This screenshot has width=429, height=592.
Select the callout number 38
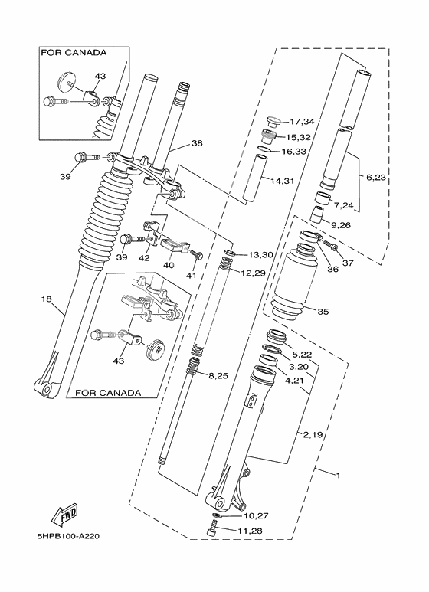tap(197, 143)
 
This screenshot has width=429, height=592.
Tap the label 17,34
tap(302, 122)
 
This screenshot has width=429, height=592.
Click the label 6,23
tap(376, 177)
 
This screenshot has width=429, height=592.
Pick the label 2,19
tap(312, 434)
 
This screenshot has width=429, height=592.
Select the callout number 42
tap(143, 258)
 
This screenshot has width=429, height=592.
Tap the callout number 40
tap(169, 265)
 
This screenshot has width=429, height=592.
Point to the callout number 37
tap(348, 263)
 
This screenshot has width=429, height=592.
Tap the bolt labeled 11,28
tap(214, 527)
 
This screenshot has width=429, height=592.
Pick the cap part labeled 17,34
tap(272, 121)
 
